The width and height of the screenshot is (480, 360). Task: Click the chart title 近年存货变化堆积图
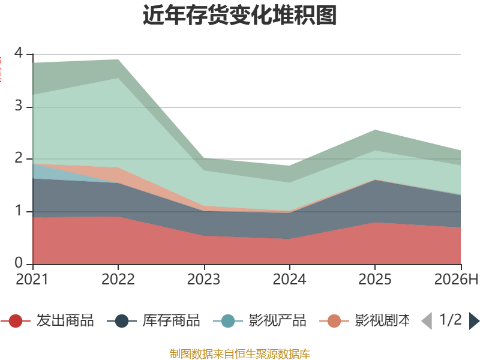tap(239, 15)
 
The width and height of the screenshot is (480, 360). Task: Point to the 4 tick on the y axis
tap(19, 53)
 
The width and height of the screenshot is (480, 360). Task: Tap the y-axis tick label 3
tap(19, 106)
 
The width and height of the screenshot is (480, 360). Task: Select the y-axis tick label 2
tap(19, 158)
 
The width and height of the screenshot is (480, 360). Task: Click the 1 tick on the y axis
tap(19, 211)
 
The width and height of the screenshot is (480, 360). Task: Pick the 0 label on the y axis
tap(19, 263)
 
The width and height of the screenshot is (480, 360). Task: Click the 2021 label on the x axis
tap(32, 280)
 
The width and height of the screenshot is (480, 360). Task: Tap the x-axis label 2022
tap(118, 280)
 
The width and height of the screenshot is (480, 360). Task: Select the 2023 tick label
tap(203, 280)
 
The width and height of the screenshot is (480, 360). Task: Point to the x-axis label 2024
tap(289, 280)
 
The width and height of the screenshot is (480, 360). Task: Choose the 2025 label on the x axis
tap(375, 280)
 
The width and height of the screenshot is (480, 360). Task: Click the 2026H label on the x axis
tap(456, 280)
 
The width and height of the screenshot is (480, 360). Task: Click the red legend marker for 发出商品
tap(16, 321)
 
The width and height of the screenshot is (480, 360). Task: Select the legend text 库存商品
tap(171, 320)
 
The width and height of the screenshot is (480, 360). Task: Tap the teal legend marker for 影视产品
tap(228, 321)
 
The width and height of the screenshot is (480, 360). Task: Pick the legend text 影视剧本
tap(382, 320)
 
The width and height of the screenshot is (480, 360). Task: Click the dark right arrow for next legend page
tap(474, 321)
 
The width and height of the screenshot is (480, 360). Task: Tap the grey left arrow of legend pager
tap(427, 321)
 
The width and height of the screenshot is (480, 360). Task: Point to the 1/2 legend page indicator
tap(451, 320)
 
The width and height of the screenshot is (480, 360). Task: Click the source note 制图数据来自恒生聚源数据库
tap(240, 354)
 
